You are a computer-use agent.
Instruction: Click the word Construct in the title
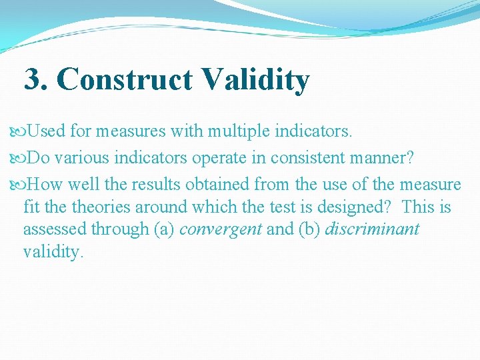(x=126, y=81)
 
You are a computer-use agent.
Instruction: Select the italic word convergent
(x=221, y=230)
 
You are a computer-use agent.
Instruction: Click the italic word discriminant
(x=372, y=230)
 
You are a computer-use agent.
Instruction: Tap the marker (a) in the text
(x=164, y=230)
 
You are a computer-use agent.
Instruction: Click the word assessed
(x=54, y=230)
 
